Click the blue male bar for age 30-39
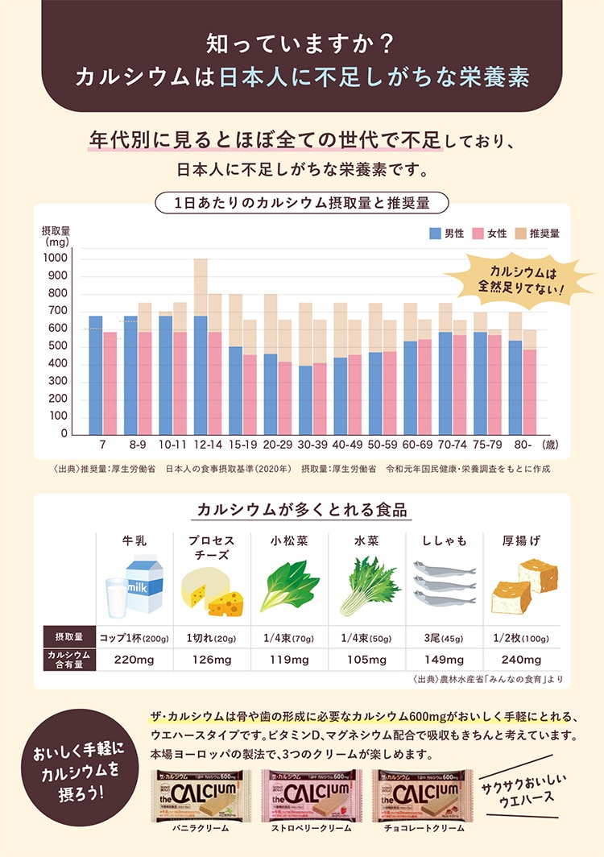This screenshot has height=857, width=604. tap(305, 400)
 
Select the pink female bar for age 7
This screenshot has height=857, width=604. tap(110, 383)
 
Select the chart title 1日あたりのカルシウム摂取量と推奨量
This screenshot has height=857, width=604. tap(302, 202)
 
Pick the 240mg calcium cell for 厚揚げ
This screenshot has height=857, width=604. tap(521, 660)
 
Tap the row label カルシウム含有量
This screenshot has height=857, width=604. tap(68, 660)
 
